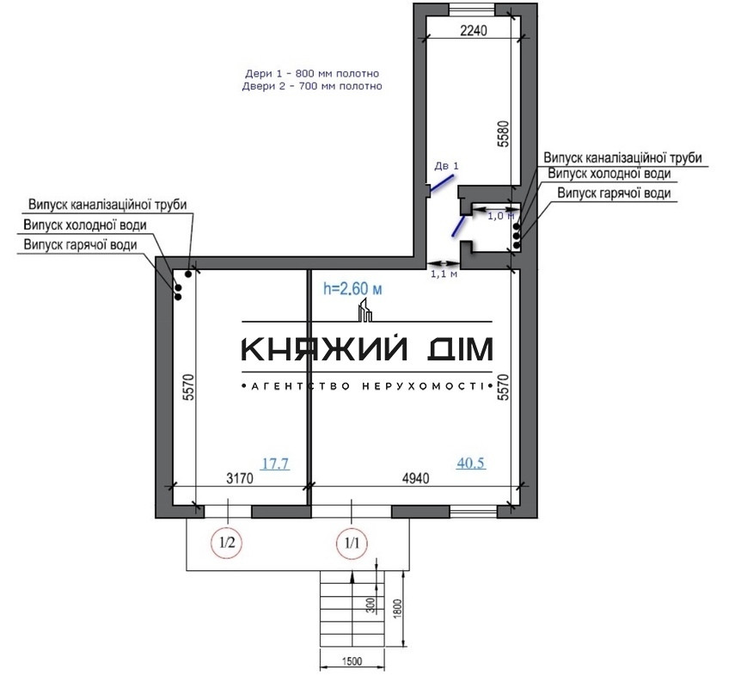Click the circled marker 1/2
click(x=228, y=543)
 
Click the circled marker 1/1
click(x=352, y=543)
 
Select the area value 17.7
click(x=274, y=464)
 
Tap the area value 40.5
click(x=471, y=463)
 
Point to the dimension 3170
click(x=239, y=481)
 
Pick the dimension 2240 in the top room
click(x=473, y=32)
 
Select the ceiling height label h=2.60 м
click(x=352, y=289)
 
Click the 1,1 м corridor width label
click(x=443, y=275)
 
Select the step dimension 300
click(x=369, y=606)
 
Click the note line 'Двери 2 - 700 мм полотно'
click(x=311, y=87)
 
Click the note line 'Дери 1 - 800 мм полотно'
click(x=311, y=74)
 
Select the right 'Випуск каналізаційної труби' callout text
click(x=622, y=158)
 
